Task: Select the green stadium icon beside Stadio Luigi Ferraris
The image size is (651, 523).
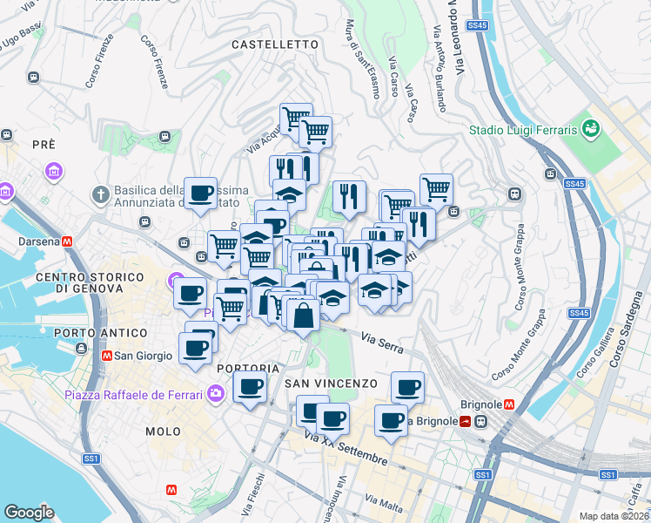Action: tap(592, 129)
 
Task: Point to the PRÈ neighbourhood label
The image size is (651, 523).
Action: tap(44, 144)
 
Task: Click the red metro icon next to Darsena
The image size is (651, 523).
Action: tap(67, 241)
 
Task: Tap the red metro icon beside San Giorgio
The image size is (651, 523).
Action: tap(106, 356)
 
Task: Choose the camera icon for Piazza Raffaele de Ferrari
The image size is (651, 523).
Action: tap(214, 395)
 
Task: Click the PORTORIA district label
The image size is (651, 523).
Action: tap(248, 368)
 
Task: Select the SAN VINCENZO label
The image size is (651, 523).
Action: tap(331, 384)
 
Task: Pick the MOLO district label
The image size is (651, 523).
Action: tap(164, 431)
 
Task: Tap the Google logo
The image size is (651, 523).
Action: tap(29, 513)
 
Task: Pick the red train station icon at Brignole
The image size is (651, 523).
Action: tap(467, 421)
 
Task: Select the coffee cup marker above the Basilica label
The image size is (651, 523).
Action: tap(201, 194)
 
